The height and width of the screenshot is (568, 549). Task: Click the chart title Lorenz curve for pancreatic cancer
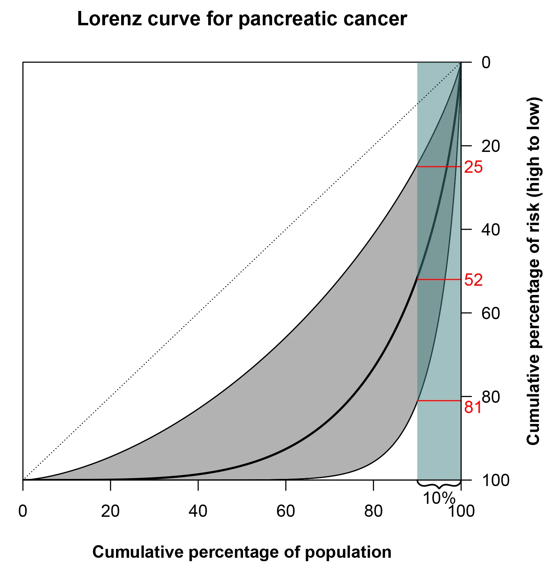pyautogui.click(x=242, y=19)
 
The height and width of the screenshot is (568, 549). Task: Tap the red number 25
pyautogui.click(x=473, y=167)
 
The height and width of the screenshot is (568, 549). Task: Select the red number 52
pyautogui.click(x=473, y=280)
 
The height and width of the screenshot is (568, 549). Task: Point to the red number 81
pyautogui.click(x=473, y=407)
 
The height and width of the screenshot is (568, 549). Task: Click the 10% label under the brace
pyautogui.click(x=439, y=498)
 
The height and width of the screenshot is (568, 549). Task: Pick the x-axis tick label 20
pyautogui.click(x=110, y=511)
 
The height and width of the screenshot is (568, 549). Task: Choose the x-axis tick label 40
pyautogui.click(x=198, y=511)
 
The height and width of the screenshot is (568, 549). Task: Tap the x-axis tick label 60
pyautogui.click(x=286, y=511)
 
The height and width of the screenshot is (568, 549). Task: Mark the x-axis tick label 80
pyautogui.click(x=373, y=511)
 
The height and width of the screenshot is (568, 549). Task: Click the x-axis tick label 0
pyautogui.click(x=23, y=511)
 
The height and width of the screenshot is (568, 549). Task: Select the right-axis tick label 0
pyautogui.click(x=486, y=63)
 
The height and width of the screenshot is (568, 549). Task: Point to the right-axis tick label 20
pyautogui.click(x=491, y=146)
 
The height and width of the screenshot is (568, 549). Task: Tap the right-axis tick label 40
pyautogui.click(x=491, y=230)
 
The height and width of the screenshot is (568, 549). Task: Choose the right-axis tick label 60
pyautogui.click(x=491, y=313)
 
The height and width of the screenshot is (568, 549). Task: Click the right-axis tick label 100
pyautogui.click(x=495, y=480)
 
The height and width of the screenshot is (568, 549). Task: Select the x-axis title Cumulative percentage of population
pyautogui.click(x=242, y=552)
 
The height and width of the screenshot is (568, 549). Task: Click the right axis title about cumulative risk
pyautogui.click(x=533, y=271)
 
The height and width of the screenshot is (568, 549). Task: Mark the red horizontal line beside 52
pyautogui.click(x=439, y=280)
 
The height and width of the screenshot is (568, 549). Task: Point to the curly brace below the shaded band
pyautogui.click(x=439, y=484)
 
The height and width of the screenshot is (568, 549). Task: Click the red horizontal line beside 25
pyautogui.click(x=439, y=167)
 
